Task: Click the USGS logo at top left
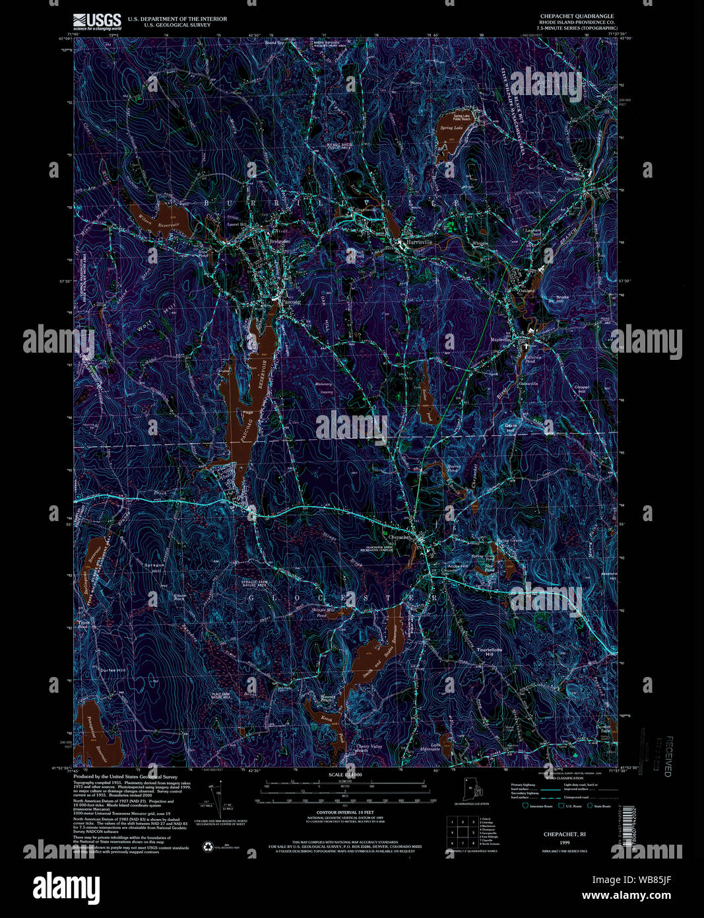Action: click(97, 22)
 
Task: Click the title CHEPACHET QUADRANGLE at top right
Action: click(577, 16)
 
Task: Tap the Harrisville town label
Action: click(418, 242)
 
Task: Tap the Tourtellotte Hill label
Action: click(489, 650)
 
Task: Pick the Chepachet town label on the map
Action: click(399, 537)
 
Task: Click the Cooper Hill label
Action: click(580, 389)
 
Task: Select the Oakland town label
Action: click(527, 290)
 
